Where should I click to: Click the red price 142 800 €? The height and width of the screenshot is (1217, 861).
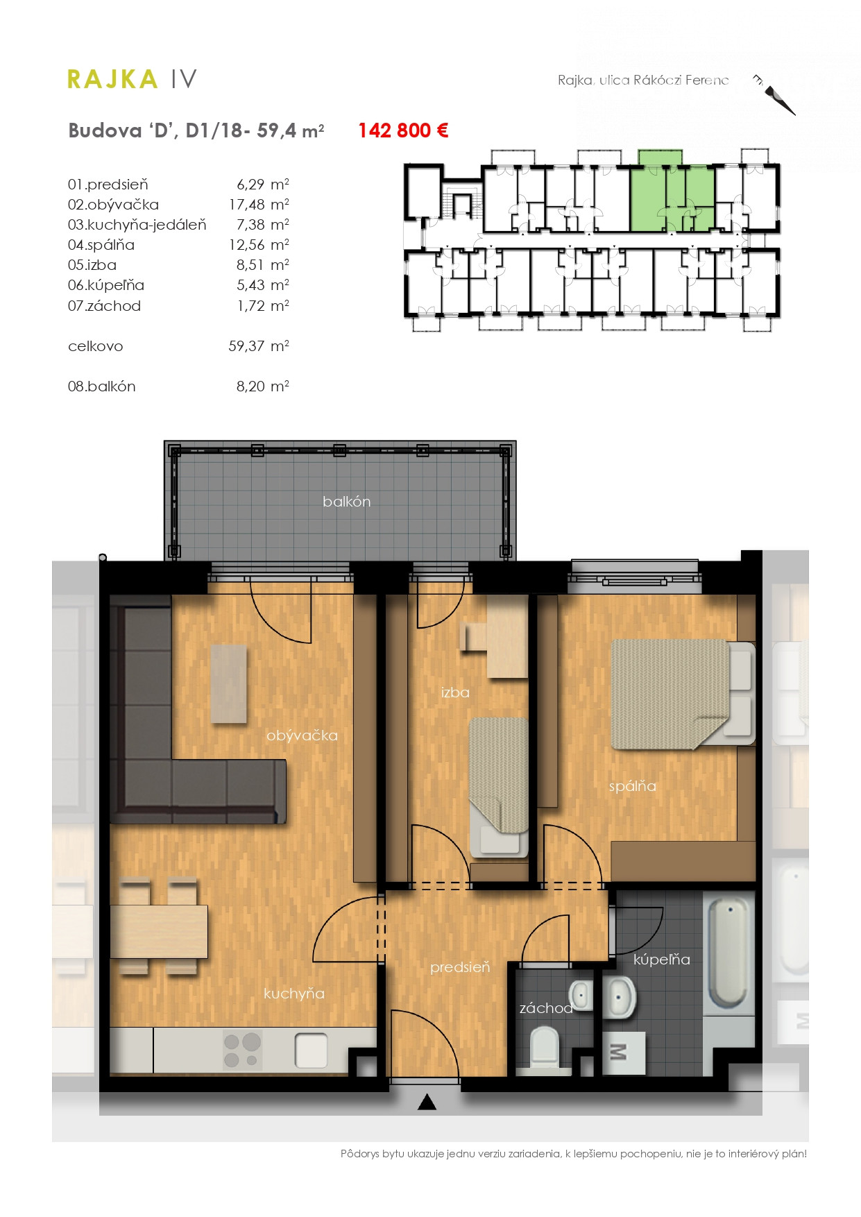click(403, 130)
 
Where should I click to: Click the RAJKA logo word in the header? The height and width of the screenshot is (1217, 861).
click(112, 79)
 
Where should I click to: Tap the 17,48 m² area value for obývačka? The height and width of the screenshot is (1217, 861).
click(259, 205)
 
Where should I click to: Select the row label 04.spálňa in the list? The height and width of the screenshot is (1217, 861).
click(101, 245)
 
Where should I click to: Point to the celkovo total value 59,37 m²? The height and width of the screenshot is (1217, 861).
click(259, 346)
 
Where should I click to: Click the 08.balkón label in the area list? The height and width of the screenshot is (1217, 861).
click(101, 386)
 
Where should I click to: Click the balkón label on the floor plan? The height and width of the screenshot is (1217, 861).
click(346, 502)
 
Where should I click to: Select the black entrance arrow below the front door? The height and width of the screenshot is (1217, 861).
click(427, 1102)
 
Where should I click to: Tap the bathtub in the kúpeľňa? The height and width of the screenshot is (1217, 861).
click(728, 953)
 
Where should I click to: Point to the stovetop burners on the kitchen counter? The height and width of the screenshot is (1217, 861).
click(242, 1050)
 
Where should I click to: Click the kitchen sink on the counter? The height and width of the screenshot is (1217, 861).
click(311, 1050)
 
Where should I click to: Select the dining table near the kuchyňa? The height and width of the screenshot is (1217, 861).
click(159, 931)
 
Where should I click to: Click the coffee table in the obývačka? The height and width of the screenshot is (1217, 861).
click(228, 684)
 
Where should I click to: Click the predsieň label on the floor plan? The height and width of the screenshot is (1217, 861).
click(460, 967)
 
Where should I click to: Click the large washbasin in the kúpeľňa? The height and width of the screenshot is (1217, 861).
click(619, 998)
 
